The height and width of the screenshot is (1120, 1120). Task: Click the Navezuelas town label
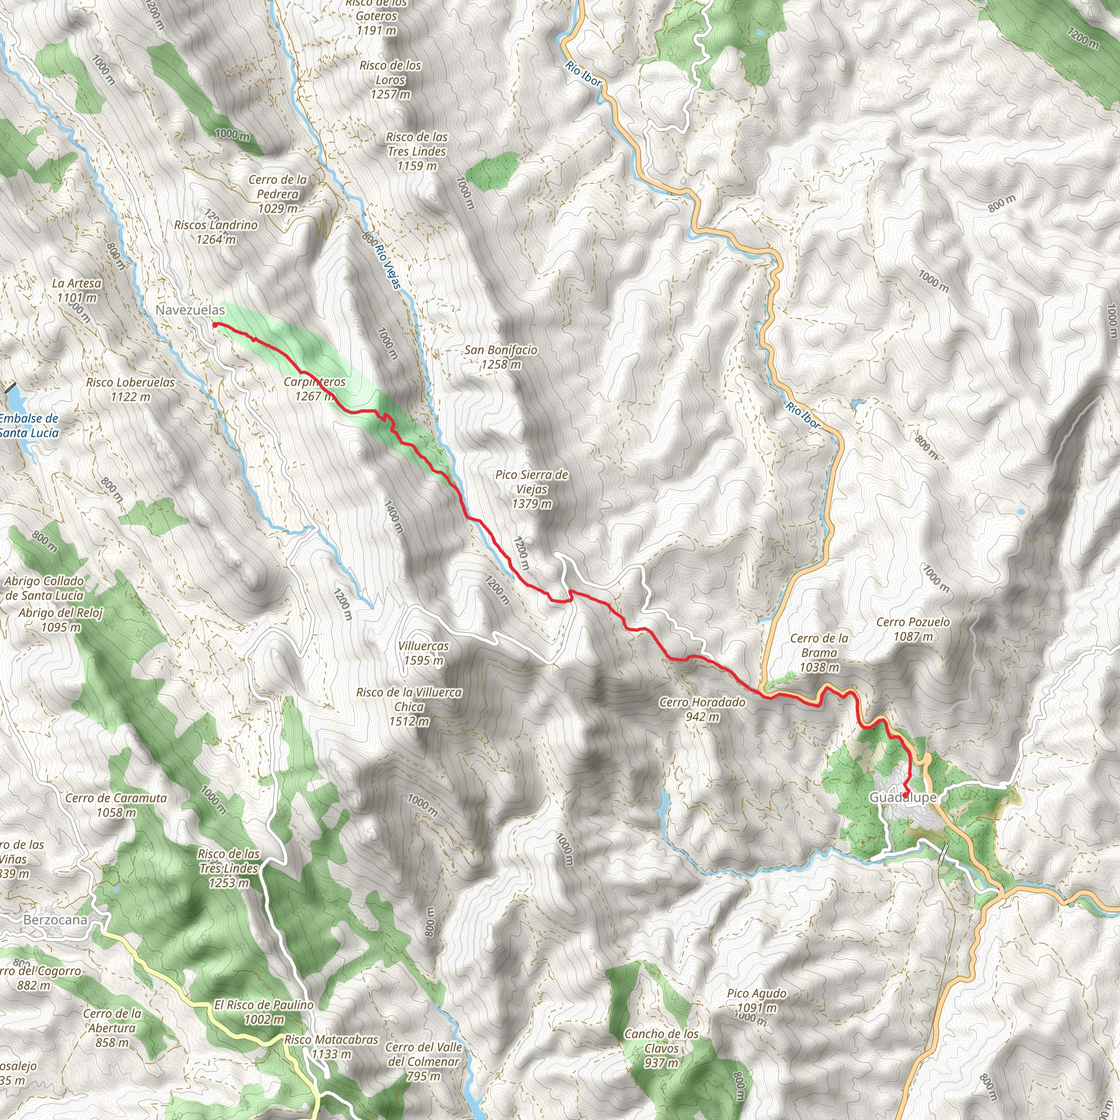pos(190,310)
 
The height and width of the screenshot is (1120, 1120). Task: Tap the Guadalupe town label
pos(902,798)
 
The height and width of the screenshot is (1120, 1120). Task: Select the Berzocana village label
pos(55,920)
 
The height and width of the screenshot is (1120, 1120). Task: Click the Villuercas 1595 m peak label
pos(423,654)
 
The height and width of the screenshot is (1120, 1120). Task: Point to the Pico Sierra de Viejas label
pos(532,489)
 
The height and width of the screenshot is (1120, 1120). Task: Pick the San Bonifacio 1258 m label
pos(500,357)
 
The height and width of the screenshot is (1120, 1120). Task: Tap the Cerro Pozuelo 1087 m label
pos(913,629)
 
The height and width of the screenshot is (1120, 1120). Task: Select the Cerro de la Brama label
pos(819,653)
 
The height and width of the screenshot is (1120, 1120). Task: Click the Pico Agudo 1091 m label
pos(756,1001)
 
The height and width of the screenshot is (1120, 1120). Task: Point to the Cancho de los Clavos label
pos(661,1048)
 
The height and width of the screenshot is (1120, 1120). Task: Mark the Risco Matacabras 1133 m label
pos(331,1047)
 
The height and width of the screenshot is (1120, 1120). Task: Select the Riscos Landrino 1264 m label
pos(215,232)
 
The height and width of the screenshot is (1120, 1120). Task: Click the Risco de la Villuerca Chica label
pos(409,707)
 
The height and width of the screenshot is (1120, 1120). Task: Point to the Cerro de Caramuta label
pos(116,805)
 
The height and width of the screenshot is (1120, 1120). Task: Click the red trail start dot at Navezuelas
pos(215,325)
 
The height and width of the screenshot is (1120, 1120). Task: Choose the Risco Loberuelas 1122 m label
pos(131,389)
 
